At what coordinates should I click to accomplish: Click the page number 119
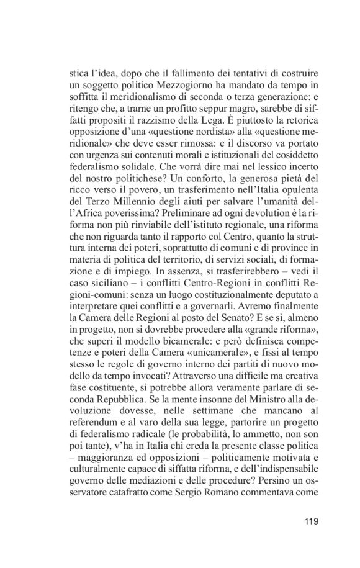311,521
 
